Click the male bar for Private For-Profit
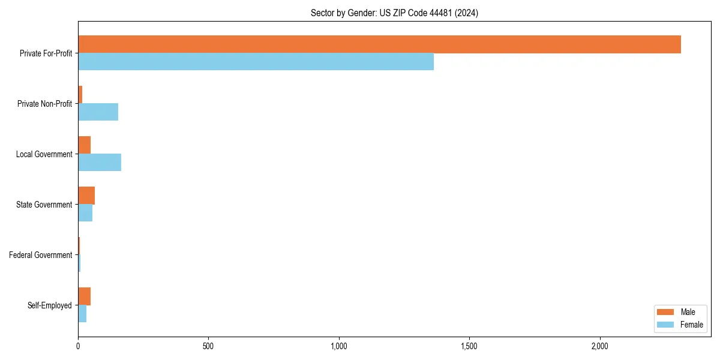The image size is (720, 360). pos(379,44)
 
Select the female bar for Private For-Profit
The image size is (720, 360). pos(256,62)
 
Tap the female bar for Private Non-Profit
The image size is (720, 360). pos(98,112)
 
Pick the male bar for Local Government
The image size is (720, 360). pos(84,145)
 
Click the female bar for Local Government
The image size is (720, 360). pos(100,163)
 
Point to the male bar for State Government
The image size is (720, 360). pos(86,196)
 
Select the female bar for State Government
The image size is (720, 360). pos(85,213)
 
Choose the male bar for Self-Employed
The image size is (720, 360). pos(84,296)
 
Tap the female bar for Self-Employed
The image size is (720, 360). pos(82,314)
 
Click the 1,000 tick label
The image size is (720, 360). pos(339,347)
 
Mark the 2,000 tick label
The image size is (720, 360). pos(599,347)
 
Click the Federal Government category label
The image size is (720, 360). pos(41,255)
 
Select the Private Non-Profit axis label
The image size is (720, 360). pos(44,104)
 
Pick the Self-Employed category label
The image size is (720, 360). pos(50,305)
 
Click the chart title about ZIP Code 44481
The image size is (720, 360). pos(394,13)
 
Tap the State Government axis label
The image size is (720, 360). pos(44,205)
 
